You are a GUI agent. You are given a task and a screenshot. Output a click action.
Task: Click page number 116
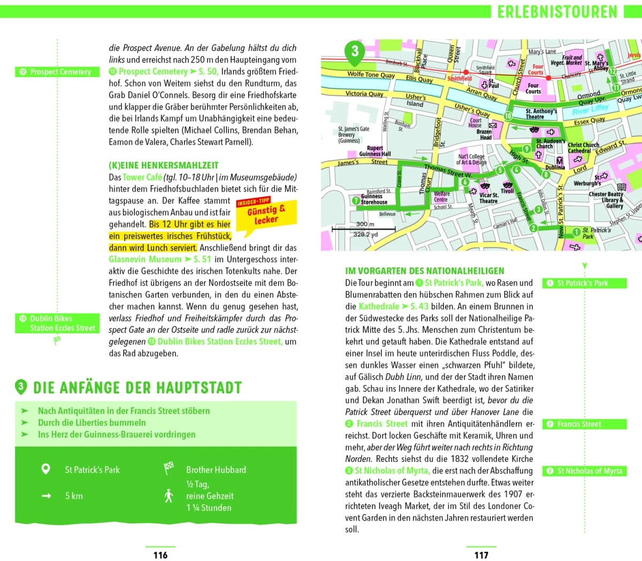[160, 555]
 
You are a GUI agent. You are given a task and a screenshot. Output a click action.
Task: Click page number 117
[481, 555]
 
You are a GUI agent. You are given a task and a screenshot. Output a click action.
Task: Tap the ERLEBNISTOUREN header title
[557, 12]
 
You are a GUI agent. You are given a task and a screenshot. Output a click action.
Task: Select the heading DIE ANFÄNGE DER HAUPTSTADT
[137, 388]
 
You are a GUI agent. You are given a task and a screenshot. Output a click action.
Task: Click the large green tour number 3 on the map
[355, 52]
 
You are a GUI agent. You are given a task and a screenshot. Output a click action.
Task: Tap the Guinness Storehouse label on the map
[373, 199]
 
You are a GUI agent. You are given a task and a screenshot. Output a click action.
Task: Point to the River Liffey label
[590, 110]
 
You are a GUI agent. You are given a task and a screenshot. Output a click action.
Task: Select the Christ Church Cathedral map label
[583, 148]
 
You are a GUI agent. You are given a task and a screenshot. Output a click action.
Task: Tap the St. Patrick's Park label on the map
[596, 233]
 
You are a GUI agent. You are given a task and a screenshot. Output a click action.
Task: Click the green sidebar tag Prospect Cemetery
[57, 72]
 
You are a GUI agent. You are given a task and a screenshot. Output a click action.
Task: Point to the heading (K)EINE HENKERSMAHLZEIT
[163, 166]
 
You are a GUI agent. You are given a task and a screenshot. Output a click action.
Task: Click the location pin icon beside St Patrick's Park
[46, 470]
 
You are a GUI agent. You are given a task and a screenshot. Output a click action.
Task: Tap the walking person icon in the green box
[169, 496]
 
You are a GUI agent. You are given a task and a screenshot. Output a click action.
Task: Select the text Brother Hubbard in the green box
[216, 470]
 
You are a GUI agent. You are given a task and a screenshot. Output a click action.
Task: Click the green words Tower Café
[142, 178]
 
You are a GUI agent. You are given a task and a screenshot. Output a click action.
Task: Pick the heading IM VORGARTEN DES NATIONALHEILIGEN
[425, 271]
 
